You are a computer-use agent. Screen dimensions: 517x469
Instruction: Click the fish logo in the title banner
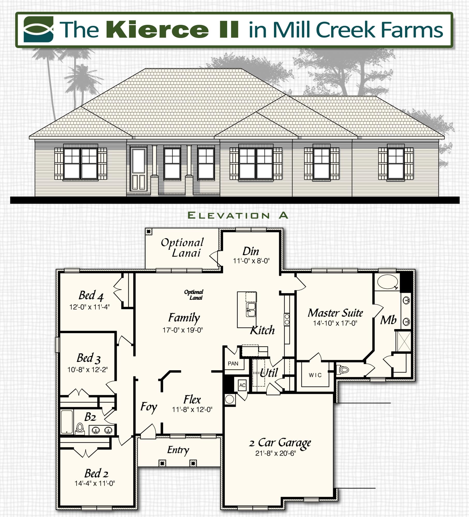38,29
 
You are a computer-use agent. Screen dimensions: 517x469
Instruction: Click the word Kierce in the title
157,29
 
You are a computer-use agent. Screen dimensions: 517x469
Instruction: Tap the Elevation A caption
238,215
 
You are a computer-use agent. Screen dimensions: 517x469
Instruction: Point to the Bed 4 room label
91,296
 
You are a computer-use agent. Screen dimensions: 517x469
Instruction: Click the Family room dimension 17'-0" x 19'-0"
183,330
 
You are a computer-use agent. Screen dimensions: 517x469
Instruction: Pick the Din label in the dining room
250,251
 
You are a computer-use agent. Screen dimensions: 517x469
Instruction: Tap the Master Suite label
335,313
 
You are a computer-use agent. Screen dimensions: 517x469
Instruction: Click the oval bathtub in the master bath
387,282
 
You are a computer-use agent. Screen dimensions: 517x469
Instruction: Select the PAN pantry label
233,364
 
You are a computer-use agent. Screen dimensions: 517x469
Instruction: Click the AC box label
242,385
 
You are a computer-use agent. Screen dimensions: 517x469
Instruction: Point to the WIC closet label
315,375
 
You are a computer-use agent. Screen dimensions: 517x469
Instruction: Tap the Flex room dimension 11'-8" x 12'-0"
192,409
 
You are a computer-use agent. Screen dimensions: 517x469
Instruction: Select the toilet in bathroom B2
80,428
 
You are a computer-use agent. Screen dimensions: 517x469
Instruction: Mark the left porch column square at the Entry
162,463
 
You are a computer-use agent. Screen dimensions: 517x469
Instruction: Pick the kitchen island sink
250,309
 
